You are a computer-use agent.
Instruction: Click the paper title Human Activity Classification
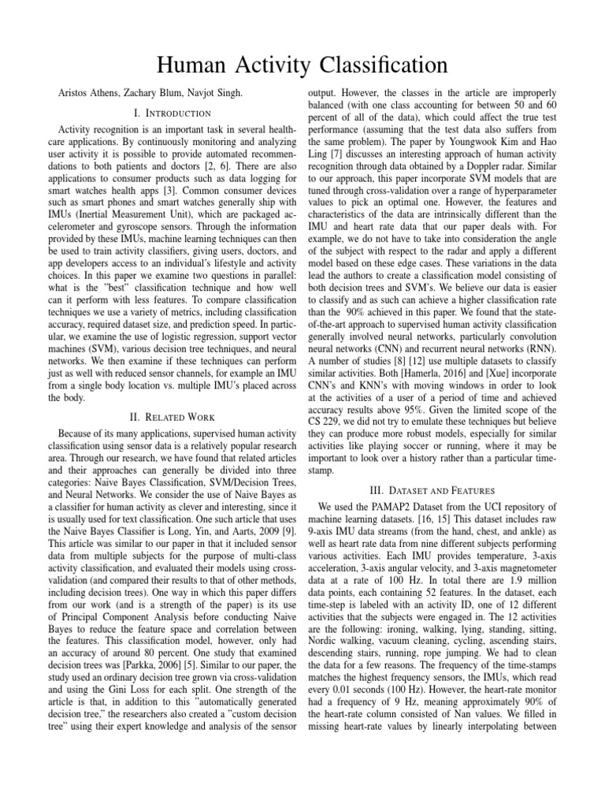tap(302, 64)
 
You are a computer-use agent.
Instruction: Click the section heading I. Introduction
tap(172, 114)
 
